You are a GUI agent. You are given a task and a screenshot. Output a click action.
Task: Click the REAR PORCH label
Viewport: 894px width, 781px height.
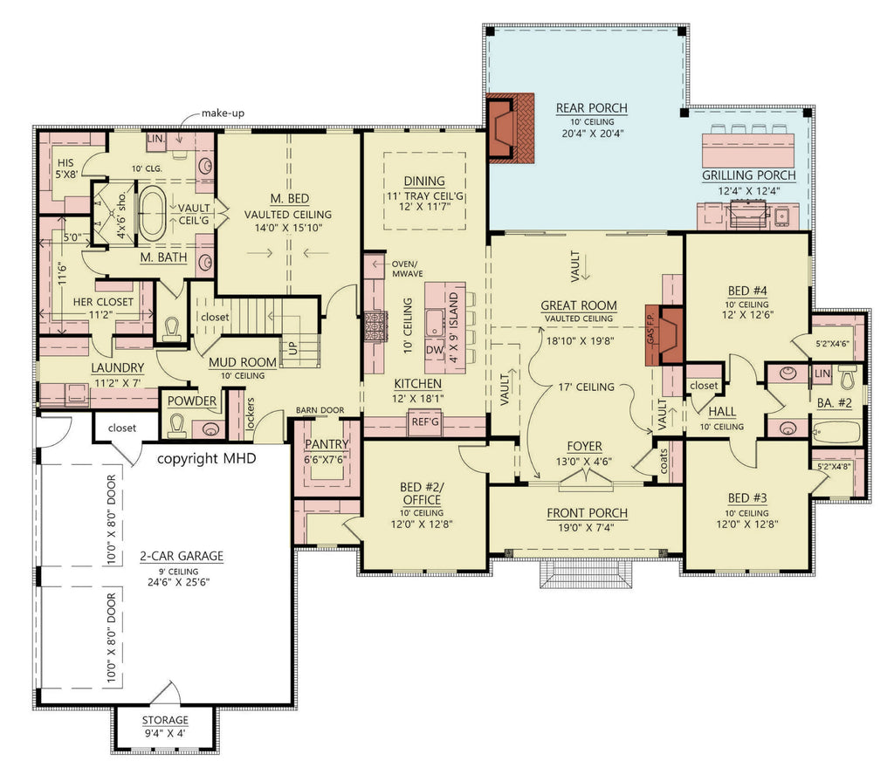591,108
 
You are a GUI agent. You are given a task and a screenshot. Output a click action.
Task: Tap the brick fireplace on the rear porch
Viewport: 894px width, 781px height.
506,127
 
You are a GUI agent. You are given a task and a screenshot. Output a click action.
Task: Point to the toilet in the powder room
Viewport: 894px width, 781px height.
177,426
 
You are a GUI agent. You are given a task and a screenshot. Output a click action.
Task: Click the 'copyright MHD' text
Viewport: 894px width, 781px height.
206,458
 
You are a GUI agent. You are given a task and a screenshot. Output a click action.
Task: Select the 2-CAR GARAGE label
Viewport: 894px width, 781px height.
181,556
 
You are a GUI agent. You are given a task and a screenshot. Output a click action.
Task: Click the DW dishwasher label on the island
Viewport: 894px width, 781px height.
433,349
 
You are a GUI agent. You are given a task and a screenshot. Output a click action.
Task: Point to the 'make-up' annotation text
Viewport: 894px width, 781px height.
222,113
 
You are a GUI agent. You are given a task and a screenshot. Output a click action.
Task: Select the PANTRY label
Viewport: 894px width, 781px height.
327,444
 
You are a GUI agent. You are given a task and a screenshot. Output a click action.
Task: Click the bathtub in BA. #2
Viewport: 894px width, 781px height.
837,429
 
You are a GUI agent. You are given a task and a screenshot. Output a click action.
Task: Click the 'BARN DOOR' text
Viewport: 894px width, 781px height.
319,409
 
